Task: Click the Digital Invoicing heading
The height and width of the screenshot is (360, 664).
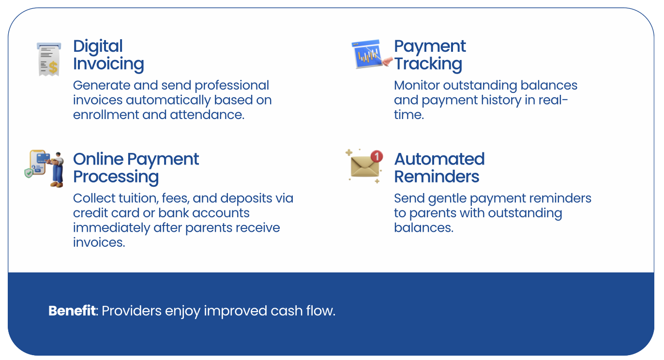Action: coord(108,55)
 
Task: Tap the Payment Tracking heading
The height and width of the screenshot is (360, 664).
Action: coord(430,55)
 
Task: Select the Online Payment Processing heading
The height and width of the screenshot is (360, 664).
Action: coord(136,168)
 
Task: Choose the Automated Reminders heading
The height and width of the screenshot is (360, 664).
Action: coord(439,168)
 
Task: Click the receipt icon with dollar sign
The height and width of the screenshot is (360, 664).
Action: coord(49,59)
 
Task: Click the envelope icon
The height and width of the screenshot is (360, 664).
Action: coord(364,166)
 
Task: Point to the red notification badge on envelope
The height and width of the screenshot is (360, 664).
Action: coord(377,156)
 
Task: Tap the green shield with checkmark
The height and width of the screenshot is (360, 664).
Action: coord(29,173)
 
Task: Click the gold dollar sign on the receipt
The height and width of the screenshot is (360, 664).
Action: coord(53,68)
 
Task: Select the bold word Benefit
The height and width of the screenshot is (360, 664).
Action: coord(72,311)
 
